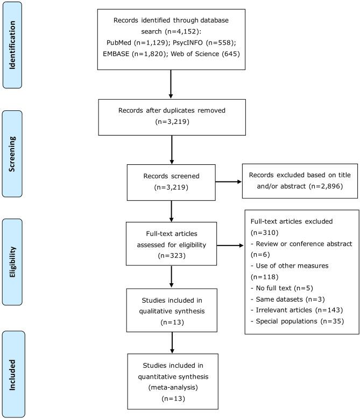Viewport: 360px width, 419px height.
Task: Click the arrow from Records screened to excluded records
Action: click(x=232, y=182)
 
